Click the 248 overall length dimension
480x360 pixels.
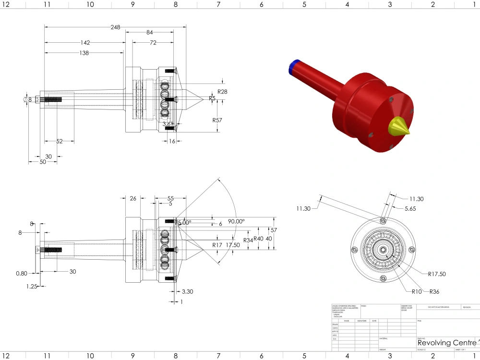point(115,27)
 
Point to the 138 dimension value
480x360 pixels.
point(84,53)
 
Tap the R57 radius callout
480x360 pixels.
point(217,120)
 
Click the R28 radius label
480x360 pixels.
point(222,91)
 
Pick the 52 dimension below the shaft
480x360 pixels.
point(60,141)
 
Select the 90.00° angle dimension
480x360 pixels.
point(236,221)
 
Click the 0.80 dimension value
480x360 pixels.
point(21,273)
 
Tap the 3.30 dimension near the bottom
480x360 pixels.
point(188,291)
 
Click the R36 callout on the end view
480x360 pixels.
point(434,291)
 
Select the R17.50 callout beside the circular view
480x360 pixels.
point(437,274)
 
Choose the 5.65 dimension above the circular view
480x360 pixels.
point(410,209)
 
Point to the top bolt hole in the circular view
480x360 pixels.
point(383,221)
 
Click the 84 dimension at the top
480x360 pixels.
point(150,33)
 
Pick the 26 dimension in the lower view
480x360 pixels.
point(133,198)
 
